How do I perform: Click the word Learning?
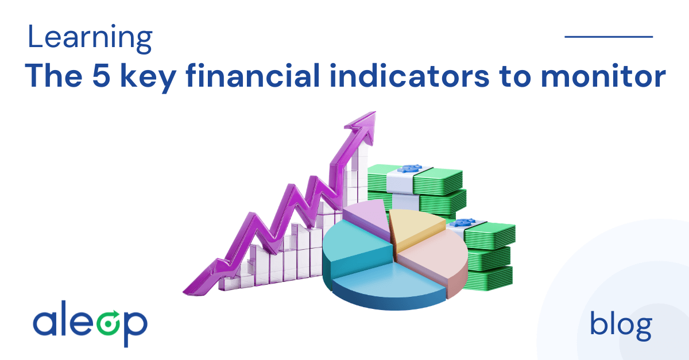pos(90,38)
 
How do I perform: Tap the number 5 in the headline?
pos(101,75)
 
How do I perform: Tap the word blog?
pos(621,326)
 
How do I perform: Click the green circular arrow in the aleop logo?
pos(108,323)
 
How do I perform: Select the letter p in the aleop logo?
pos(136,328)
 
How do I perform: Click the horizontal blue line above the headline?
pos(609,37)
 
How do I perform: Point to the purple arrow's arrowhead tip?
pos(376,112)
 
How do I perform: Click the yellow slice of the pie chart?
pos(415,228)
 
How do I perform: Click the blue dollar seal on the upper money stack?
pos(410,169)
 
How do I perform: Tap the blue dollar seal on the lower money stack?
pos(463,222)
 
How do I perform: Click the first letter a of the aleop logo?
pos(45,323)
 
